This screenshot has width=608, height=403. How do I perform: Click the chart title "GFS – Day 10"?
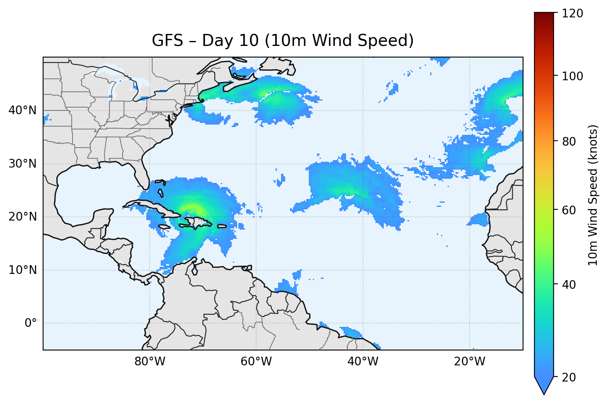[x=283, y=41]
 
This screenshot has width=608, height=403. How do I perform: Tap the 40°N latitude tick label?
[x=22, y=110]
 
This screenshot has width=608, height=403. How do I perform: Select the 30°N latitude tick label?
[x=22, y=164]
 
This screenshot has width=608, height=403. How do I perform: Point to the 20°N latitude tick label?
[x=22, y=217]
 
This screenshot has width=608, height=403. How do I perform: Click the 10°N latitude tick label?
[x=22, y=270]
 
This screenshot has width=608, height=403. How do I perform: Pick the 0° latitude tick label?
[x=30, y=323]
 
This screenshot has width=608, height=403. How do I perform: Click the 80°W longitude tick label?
[x=150, y=362]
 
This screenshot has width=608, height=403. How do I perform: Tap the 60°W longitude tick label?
[x=256, y=362]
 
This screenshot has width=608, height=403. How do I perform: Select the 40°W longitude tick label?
[x=363, y=362]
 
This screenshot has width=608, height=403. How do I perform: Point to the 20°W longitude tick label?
[x=469, y=362]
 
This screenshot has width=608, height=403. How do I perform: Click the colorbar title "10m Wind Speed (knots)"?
[x=593, y=195]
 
